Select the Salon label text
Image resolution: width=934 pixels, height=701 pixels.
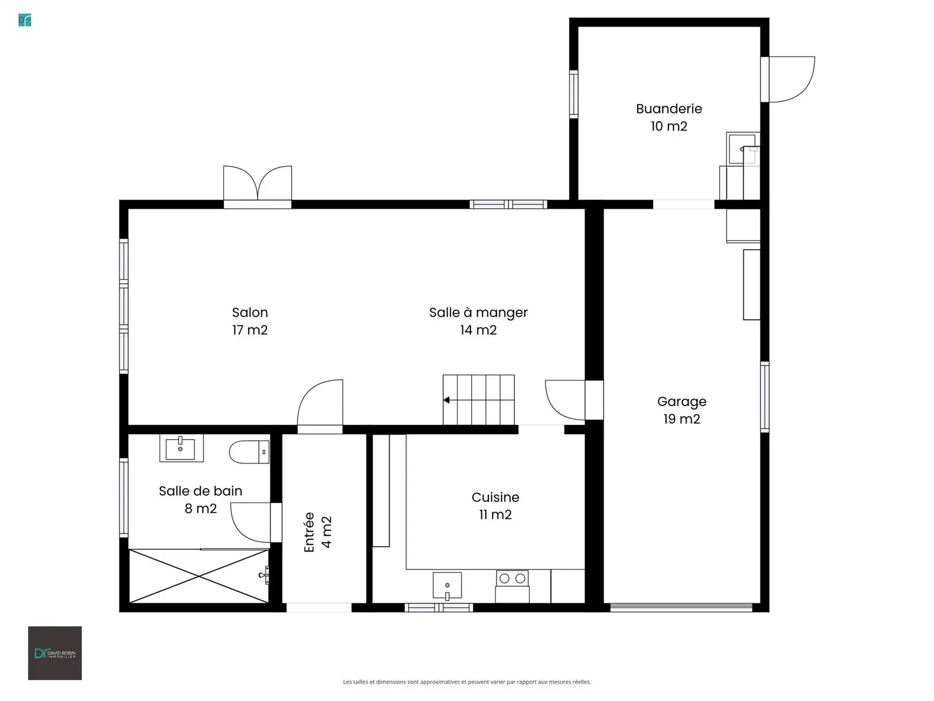pos(250,312)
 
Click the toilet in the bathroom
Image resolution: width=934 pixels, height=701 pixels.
pos(249,452)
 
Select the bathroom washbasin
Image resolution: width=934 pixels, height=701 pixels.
pos(181,448)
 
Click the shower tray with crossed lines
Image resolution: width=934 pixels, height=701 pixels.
pos(199,576)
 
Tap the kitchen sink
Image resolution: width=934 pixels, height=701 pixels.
pos(447,586)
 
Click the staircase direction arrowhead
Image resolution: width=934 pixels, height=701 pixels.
pos(446,400)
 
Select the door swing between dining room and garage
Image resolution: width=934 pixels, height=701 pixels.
pos(565,400)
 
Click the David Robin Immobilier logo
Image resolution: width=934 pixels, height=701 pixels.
pos(55,653)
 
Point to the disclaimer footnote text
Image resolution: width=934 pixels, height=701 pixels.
pos(467,681)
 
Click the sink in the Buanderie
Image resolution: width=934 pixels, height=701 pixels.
pos(743,149)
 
